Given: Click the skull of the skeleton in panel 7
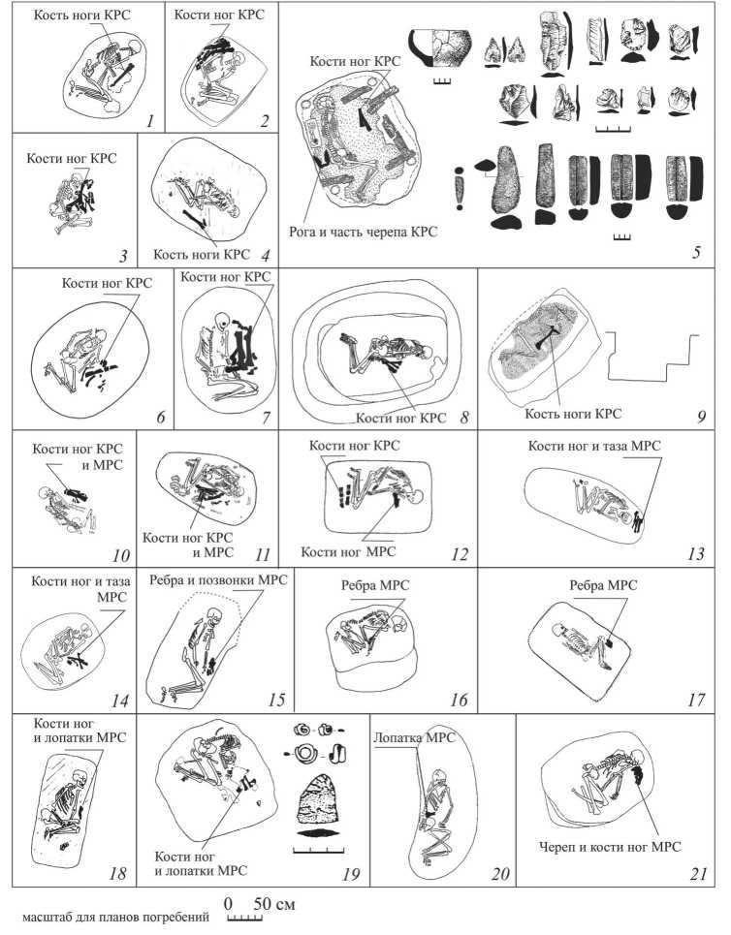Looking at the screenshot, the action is coord(224,321).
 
